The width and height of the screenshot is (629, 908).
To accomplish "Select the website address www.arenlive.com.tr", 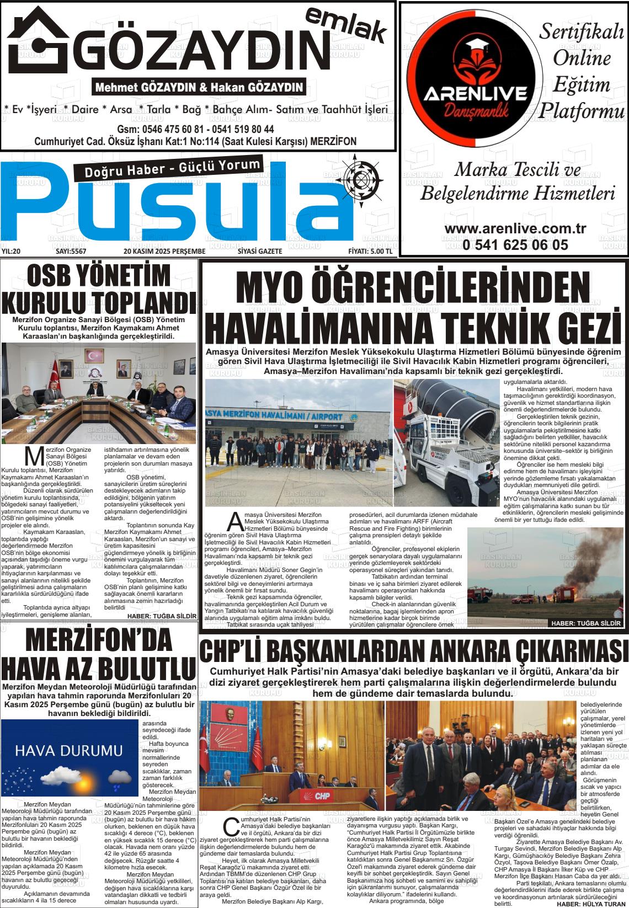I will pyautogui.click(x=515, y=228).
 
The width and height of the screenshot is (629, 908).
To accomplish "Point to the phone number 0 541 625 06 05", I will pyautogui.click(x=515, y=244).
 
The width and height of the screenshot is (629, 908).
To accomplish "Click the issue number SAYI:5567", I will pyautogui.click(x=72, y=252).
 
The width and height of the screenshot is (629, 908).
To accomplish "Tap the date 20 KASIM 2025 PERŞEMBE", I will pyautogui.click(x=164, y=252).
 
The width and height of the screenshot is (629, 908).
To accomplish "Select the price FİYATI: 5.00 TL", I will pyautogui.click(x=370, y=252).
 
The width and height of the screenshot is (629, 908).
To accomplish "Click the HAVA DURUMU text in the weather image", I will pyautogui.click(x=69, y=750).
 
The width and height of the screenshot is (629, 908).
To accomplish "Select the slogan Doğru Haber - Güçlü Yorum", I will pyautogui.click(x=172, y=168).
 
